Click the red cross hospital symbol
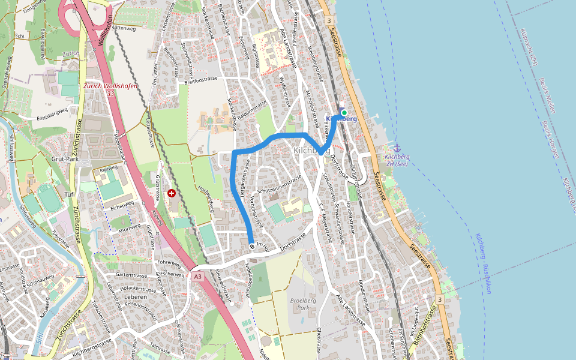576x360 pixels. [x=172, y=193]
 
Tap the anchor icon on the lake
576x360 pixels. [x=397, y=148]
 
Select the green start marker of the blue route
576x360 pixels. [x=344, y=112]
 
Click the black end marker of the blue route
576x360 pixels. [x=251, y=245]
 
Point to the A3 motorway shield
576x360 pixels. [x=197, y=277]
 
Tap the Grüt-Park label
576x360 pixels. [x=65, y=160]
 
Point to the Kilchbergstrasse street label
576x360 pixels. [x=92, y=347]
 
